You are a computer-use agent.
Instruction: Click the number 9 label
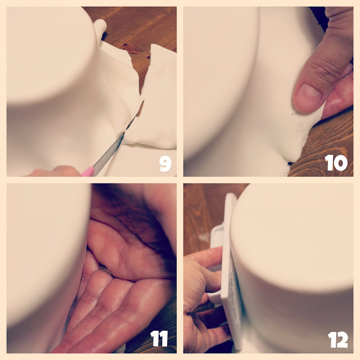[165, 164]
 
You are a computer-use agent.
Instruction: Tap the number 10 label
[336, 163]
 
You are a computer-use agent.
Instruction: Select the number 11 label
[159, 339]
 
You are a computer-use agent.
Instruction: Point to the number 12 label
[337, 340]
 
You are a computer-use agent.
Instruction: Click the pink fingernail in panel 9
[88, 172]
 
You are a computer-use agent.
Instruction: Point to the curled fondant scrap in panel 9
[100, 28]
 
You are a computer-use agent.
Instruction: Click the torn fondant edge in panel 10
[303, 138]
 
